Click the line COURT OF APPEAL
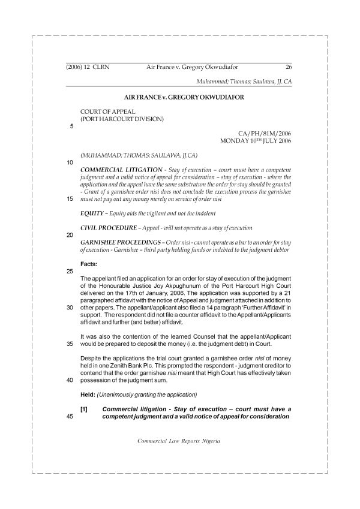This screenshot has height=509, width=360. (x=108, y=112)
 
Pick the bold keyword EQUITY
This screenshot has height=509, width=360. (x=92, y=213)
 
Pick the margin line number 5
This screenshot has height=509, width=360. (x=71, y=127)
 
